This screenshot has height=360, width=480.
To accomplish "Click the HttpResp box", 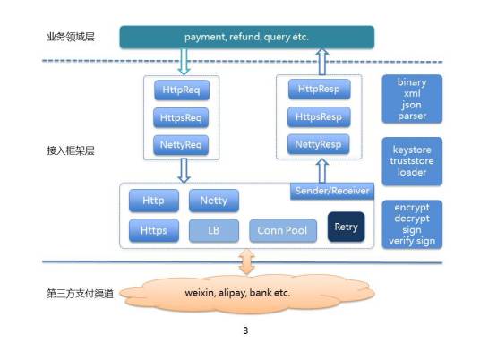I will coord(319,90).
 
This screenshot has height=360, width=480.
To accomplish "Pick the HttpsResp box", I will coord(319,116).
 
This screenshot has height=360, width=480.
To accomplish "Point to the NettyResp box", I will coord(319,142).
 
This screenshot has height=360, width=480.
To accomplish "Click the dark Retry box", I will coord(346,227).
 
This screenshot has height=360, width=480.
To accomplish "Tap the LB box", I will coord(213,231).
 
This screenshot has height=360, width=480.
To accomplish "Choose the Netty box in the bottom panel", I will coord(213,201).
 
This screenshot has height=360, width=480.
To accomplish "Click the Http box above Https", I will coord(153,201).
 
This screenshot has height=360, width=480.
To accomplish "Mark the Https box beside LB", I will coord(153,231).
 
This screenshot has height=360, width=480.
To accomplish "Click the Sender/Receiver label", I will coord(331,192).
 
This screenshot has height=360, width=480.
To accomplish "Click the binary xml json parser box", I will coord(411,99).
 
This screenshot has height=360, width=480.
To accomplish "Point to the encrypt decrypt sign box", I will coord(411,223).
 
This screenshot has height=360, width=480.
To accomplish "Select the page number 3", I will coord(245,331).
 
